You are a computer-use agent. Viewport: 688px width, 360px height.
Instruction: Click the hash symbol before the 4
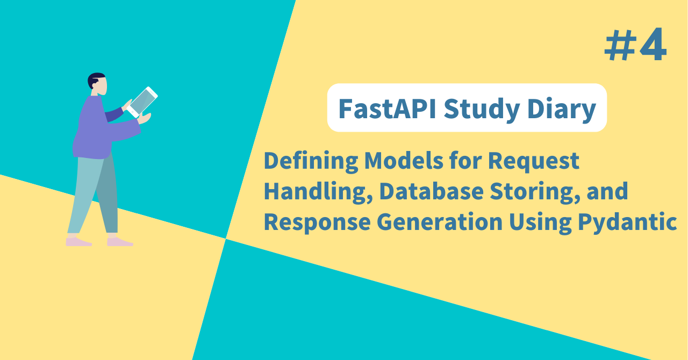click(619, 46)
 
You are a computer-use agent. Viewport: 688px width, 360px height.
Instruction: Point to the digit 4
click(653, 46)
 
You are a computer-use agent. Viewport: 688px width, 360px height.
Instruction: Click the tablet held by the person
click(142, 102)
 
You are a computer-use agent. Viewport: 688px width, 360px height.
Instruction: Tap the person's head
click(98, 84)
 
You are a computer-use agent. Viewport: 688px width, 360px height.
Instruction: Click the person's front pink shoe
click(120, 242)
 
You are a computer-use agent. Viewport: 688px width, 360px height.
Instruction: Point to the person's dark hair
click(95, 78)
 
